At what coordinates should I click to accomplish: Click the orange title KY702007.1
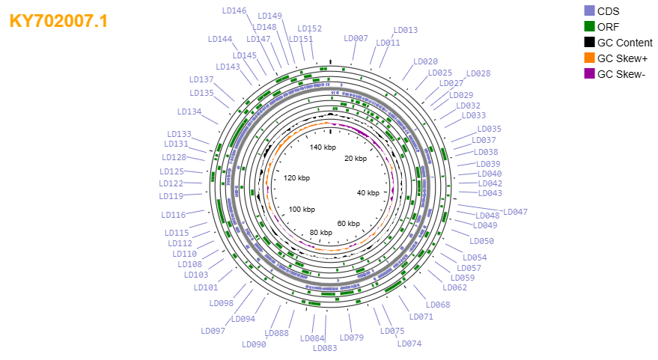click(58, 21)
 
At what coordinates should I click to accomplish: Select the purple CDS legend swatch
click(589, 11)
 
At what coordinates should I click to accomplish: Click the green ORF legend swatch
click(589, 26)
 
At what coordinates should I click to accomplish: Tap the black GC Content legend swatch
click(589, 43)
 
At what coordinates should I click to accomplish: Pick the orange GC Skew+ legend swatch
click(589, 58)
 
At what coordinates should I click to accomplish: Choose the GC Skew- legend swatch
click(589, 74)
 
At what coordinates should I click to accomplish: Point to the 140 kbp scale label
click(323, 147)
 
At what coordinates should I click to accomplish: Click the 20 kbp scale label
click(356, 159)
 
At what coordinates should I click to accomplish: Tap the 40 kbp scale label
click(368, 193)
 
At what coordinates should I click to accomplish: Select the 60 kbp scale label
click(348, 224)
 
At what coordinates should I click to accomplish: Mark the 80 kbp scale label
click(321, 233)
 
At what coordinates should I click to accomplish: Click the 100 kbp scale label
click(302, 210)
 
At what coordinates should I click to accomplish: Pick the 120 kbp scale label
click(296, 178)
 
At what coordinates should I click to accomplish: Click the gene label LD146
click(234, 11)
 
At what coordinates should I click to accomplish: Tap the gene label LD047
click(515, 212)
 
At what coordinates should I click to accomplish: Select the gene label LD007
click(356, 38)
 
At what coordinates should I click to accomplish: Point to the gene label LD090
click(254, 344)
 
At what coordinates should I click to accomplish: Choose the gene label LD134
click(189, 112)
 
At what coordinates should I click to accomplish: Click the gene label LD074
click(409, 344)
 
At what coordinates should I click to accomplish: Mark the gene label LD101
click(206, 287)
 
